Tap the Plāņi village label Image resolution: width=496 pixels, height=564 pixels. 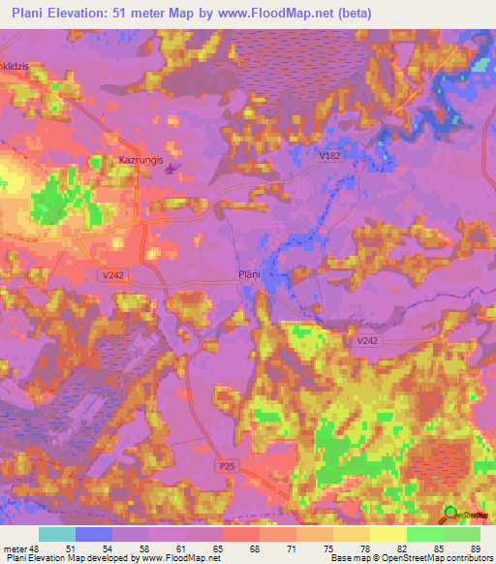click(x=250, y=274)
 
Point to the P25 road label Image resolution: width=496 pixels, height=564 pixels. click(x=227, y=467)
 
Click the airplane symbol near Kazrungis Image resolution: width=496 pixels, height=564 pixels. click(x=172, y=171)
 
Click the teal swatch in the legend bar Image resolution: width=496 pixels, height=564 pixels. click(x=57, y=534)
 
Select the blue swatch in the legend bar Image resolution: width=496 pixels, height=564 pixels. click(x=94, y=534)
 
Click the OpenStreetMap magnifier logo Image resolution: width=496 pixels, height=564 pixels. click(x=451, y=515)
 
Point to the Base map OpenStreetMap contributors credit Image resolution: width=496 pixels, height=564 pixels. click(x=413, y=558)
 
